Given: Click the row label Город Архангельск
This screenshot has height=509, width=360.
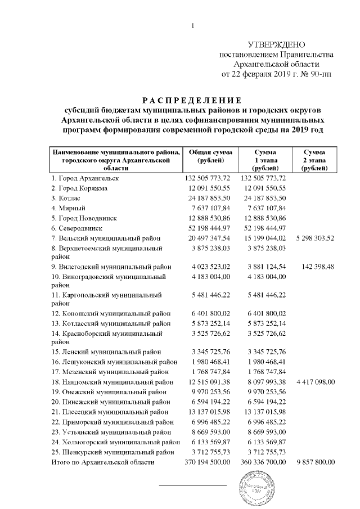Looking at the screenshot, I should [84, 178].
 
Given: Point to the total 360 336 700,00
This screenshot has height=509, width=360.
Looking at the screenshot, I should [262, 462].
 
